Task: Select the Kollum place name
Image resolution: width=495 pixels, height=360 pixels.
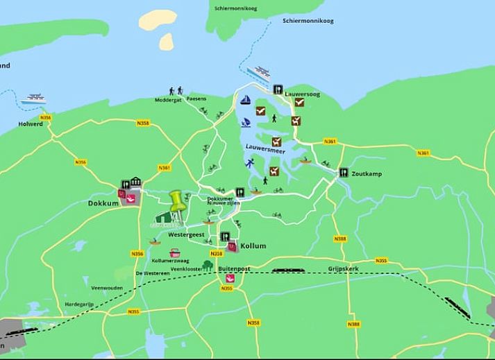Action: click(253, 246)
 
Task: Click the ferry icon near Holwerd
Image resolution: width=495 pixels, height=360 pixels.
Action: click(33, 98)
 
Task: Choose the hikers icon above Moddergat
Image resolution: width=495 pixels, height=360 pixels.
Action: click(175, 91)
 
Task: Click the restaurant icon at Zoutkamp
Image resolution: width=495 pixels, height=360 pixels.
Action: click(343, 173)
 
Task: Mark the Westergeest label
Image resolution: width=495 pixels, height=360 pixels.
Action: click(185, 235)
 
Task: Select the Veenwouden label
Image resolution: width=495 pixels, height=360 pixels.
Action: click(108, 287)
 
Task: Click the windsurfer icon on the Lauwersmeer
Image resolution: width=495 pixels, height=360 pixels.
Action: click(245, 122)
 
